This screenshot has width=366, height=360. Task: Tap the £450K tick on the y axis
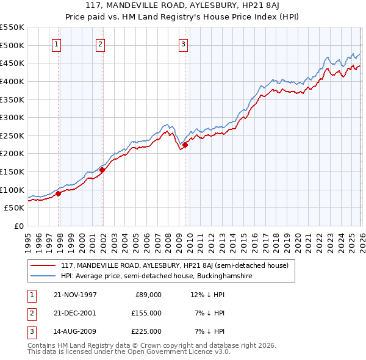point(12,63)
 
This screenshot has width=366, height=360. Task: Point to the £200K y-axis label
point(12,153)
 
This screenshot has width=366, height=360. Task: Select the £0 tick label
point(18,226)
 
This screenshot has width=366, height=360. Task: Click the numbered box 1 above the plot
point(56,43)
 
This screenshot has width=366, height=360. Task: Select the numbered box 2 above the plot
point(100,43)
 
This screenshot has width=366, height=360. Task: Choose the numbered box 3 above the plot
point(183,43)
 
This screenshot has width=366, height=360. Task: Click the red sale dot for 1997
point(59,193)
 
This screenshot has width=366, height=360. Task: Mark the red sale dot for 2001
point(102,170)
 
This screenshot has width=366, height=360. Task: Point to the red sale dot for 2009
point(185,145)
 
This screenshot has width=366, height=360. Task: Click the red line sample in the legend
point(43,265)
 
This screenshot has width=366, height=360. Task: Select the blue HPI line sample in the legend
point(43,276)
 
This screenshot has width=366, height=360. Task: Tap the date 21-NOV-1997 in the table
point(75,295)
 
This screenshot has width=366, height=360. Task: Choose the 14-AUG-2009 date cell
point(75,331)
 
